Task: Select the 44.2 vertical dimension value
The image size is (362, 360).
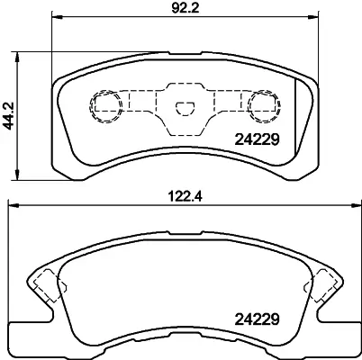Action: coord(9,113)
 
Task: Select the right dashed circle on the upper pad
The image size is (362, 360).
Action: coord(263,105)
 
